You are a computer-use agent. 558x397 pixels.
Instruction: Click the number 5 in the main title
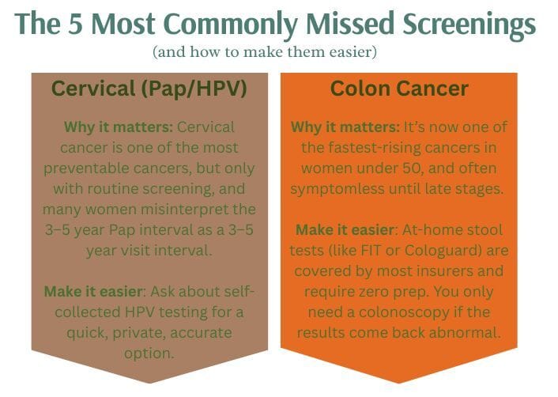click(75, 24)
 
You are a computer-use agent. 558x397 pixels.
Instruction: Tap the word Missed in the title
click(350, 24)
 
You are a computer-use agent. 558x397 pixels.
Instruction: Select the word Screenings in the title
click(469, 26)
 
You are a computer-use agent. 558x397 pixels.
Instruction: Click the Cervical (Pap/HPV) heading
click(149, 89)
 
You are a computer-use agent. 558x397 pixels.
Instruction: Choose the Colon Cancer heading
click(399, 89)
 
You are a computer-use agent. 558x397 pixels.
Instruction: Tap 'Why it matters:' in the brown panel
click(119, 127)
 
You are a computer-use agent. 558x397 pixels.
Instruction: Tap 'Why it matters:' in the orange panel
click(345, 127)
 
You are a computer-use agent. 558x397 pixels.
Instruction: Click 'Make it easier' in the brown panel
click(93, 292)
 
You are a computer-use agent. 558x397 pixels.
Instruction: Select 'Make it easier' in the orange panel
click(345, 230)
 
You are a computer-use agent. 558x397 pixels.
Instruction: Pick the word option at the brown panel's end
click(149, 354)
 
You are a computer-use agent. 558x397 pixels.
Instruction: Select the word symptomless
click(337, 189)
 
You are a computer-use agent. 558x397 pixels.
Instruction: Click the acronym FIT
click(371, 251)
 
